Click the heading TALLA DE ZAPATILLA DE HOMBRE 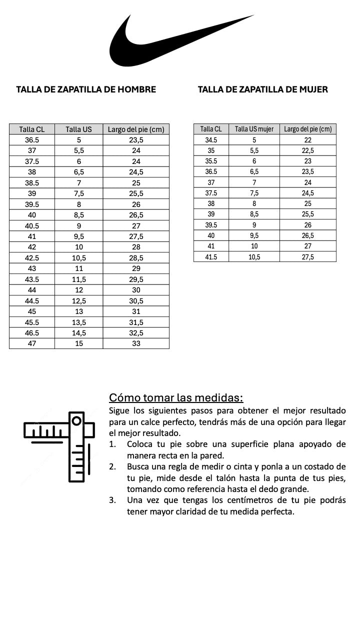coord(86,89)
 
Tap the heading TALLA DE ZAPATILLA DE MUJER coord(263,89)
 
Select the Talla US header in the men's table coord(78,129)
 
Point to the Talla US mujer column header coord(254,129)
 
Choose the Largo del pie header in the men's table coord(136,129)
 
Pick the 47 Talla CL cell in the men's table coord(32,343)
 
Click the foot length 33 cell coord(136,343)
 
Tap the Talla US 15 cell coord(78,343)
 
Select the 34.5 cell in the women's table coord(211,140)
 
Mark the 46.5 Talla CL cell coord(32,332)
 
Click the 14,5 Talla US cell coord(78,332)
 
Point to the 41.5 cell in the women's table coord(211,256)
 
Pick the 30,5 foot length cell coord(136,300)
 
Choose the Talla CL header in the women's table coord(211,129)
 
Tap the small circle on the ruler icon coord(76,421)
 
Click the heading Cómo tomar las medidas coord(176,398)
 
